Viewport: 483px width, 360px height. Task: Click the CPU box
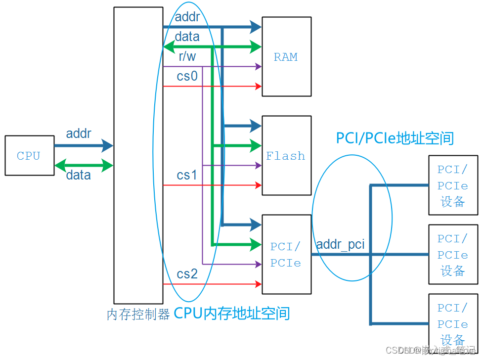pos(29,155)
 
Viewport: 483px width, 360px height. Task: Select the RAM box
pos(286,56)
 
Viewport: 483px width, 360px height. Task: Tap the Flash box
pos(286,155)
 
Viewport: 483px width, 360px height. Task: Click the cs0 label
pos(187,76)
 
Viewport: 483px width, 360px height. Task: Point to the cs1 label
pos(187,175)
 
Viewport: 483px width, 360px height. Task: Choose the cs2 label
pos(187,273)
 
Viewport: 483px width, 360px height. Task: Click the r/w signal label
pos(187,57)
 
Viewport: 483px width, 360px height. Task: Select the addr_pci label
pos(340,244)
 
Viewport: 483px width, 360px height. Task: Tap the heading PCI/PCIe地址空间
pos(395,138)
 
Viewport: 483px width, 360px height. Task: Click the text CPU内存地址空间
pos(232,313)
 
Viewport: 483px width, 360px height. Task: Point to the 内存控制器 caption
pos(138,315)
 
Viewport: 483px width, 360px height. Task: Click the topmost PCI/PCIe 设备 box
pos(453,185)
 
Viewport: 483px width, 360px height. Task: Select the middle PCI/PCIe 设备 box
pos(453,254)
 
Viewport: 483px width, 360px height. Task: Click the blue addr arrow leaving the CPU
pos(84,145)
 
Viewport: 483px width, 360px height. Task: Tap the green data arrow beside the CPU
pos(84,165)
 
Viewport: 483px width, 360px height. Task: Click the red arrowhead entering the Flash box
pos(258,185)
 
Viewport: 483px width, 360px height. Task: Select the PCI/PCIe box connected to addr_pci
pos(286,254)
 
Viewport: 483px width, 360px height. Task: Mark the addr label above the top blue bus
pos(187,17)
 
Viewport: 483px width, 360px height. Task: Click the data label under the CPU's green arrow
pos(79,175)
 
